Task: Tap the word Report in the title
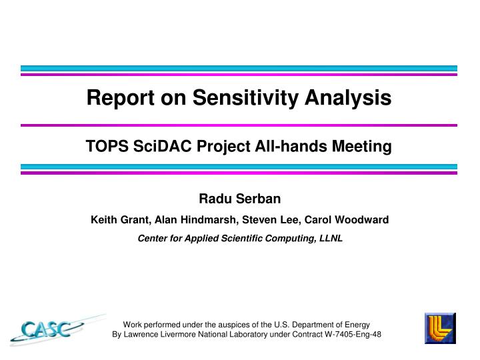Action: point(116,99)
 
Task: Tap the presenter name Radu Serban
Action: point(240,199)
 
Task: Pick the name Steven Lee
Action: point(263,219)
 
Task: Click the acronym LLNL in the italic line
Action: point(331,238)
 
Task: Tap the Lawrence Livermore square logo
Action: point(440,328)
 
